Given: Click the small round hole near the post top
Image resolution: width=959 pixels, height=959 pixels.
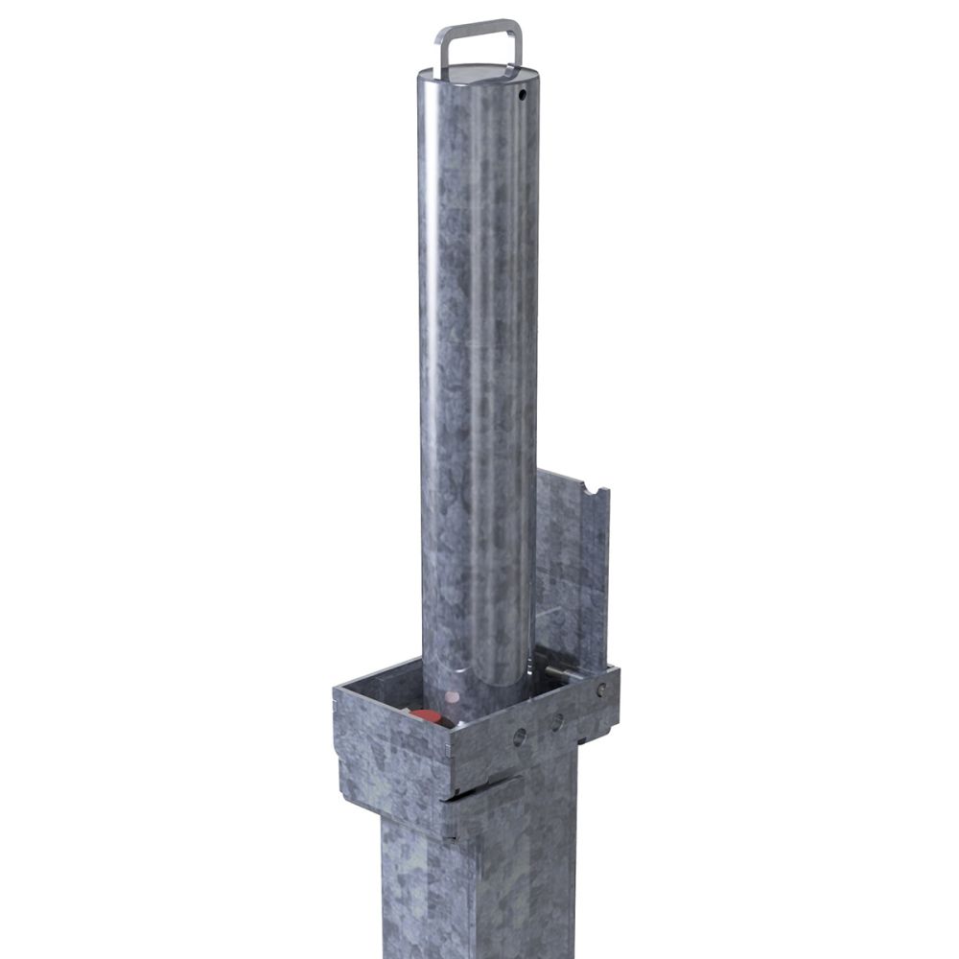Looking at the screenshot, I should (524, 96).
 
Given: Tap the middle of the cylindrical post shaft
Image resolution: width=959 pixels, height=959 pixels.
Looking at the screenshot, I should (478, 384).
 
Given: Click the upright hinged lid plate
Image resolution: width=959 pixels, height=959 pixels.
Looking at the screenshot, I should (573, 566).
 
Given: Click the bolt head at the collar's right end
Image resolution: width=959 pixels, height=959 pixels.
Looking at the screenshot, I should (601, 690).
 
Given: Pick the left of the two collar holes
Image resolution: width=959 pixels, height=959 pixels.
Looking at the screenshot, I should (519, 737).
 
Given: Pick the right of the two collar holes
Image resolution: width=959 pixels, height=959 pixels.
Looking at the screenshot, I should (556, 723).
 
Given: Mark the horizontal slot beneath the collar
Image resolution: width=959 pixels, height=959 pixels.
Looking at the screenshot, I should (479, 790).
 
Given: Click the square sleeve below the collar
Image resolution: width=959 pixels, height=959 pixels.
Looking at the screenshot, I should (479, 882).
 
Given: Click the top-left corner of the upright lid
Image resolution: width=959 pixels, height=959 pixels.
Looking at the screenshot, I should (538, 472).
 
